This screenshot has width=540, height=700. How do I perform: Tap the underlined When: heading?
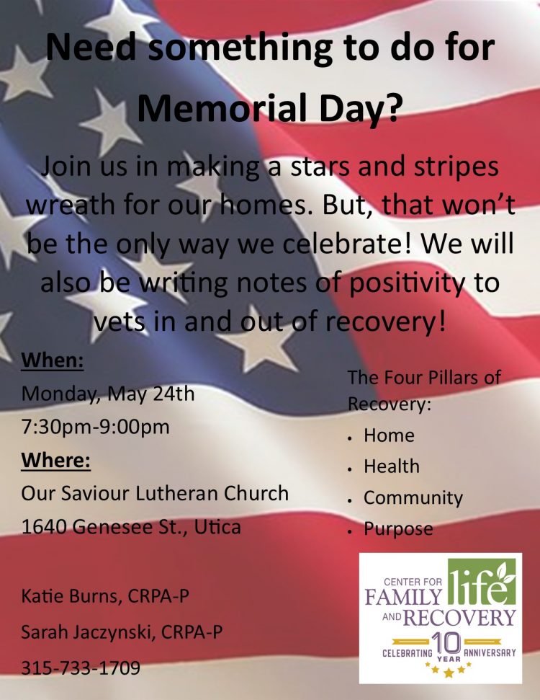[53, 360]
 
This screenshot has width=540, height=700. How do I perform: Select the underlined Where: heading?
[56, 460]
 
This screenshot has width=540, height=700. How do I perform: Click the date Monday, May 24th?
[108, 394]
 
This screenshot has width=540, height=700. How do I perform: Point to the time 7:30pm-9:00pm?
[96, 427]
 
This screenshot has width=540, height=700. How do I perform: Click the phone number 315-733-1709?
[81, 668]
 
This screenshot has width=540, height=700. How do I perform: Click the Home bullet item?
[389, 435]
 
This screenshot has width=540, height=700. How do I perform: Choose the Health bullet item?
[392, 466]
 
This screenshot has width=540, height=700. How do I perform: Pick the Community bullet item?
[413, 498]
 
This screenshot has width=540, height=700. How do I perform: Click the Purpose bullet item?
[398, 529]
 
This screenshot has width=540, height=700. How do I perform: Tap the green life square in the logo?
[482, 582]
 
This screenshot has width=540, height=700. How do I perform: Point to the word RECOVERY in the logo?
[460, 619]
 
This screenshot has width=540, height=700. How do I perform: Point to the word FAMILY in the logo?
[403, 596]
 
